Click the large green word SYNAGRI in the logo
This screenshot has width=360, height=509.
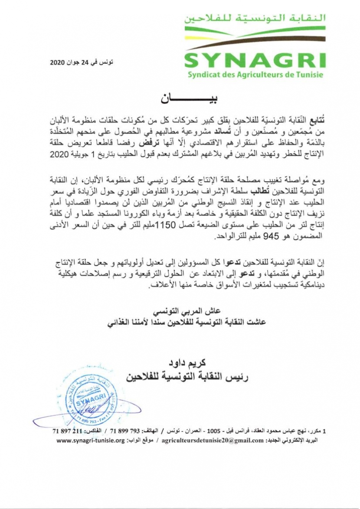pyautogui.click(x=255, y=60)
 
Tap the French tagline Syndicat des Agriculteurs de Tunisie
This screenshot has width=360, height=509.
pyautogui.click(x=255, y=75)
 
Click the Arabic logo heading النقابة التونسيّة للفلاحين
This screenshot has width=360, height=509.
pyautogui.click(x=255, y=18)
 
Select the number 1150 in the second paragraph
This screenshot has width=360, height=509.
pyautogui.click(x=164, y=226)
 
